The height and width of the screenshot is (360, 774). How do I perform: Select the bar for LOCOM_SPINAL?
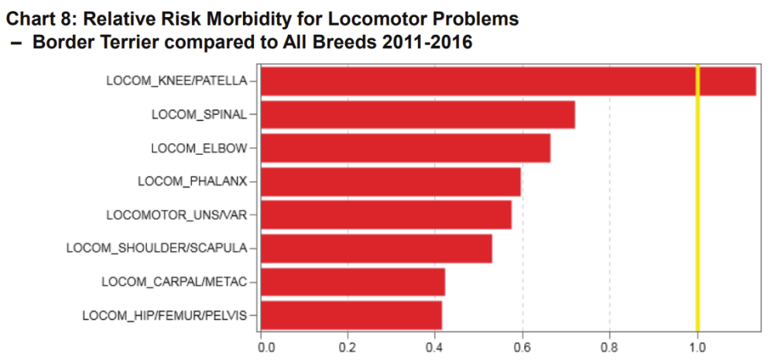tap(418, 115)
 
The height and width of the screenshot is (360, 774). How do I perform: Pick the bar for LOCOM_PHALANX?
tap(391, 182)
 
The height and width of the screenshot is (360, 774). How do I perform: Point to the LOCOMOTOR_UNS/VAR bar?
tap(386, 214)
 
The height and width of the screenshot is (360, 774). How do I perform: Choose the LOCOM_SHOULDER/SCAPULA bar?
tap(376, 248)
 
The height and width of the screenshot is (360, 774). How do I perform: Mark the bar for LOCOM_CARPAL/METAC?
tap(353, 282)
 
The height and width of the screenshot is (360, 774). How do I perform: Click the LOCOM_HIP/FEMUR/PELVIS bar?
tap(351, 315)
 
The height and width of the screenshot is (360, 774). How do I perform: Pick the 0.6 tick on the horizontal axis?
tap(522, 345)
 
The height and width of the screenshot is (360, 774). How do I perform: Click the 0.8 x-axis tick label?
tap(610, 345)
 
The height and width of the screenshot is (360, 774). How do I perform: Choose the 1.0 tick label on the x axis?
tap(697, 345)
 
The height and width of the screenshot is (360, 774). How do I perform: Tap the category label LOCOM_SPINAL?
tap(199, 115)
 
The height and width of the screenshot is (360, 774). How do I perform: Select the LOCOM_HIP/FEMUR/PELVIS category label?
tap(164, 315)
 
